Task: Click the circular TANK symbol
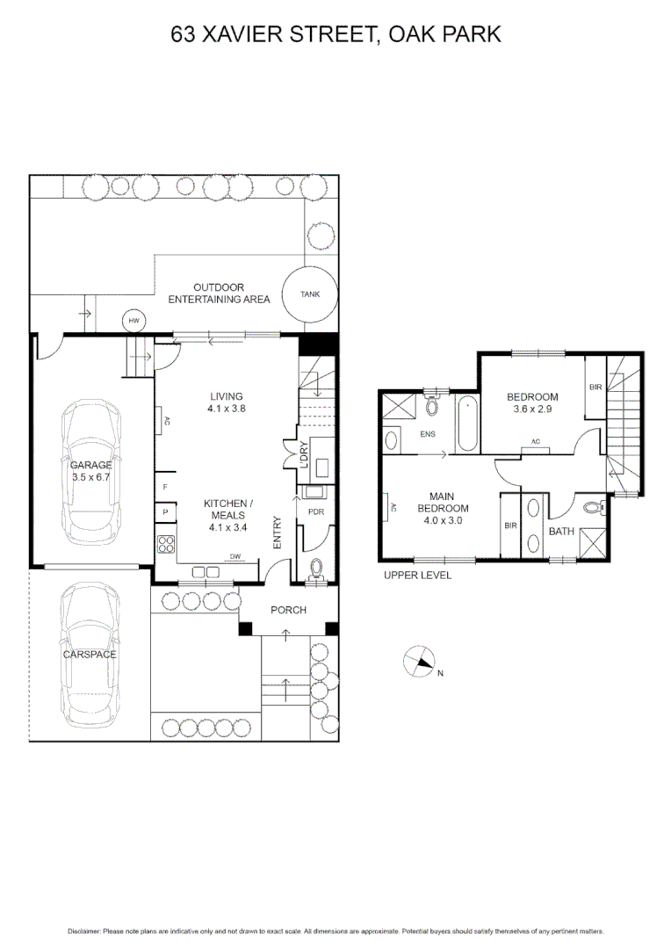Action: pos(310,294)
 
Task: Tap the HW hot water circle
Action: pos(134,321)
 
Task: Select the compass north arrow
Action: pos(421,662)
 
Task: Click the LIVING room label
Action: pos(226,396)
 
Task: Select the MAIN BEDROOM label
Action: pos(443,508)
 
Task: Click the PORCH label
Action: pos(288,610)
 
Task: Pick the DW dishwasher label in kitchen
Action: pos(235,557)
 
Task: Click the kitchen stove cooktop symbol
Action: pos(165,544)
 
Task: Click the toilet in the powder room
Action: pos(315,569)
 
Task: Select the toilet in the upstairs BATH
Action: pos(593,508)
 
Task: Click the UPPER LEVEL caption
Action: pos(417,576)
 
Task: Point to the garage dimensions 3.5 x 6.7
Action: pos(91,478)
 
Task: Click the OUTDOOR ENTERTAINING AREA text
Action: pos(219,293)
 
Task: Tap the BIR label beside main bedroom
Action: pos(511,525)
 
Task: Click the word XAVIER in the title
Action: pos(242,34)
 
